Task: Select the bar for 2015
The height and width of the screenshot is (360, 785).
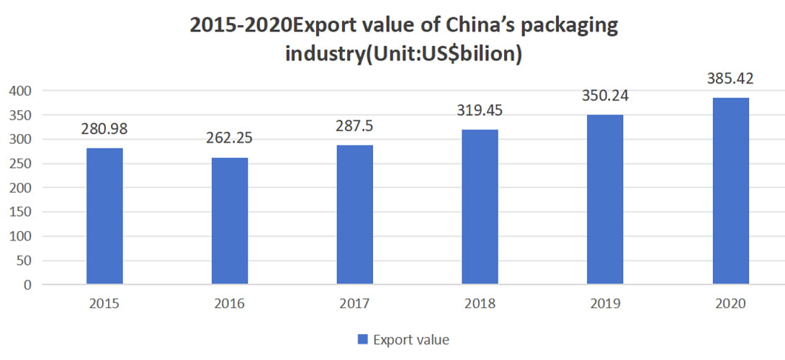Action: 104,216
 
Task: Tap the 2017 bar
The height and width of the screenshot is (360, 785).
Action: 354,215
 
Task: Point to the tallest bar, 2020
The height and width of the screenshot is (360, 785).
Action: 730,191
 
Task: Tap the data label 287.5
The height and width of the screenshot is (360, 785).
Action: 354,127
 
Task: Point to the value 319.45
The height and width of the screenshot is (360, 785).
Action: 480,111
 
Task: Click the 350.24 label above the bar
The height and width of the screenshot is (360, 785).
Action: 605,96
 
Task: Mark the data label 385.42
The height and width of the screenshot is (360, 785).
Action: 730,78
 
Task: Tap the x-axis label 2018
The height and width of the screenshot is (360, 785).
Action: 480,304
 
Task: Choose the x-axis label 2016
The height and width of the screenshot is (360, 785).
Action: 230,304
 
